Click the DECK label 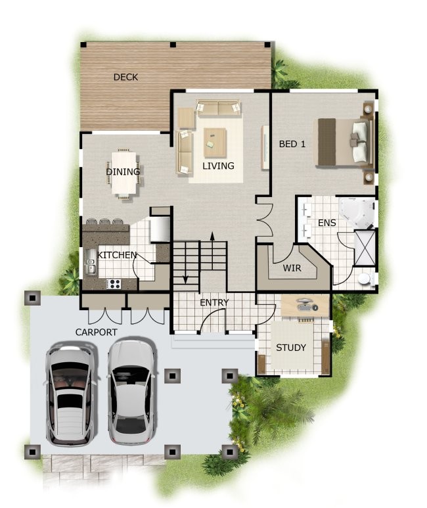pyautogui.click(x=125, y=77)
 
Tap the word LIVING pyautogui.click(x=218, y=166)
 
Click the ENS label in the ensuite pyautogui.click(x=326, y=223)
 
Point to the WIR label pyautogui.click(x=292, y=268)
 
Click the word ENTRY pyautogui.click(x=214, y=302)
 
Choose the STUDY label pyautogui.click(x=290, y=348)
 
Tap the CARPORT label pyautogui.click(x=96, y=332)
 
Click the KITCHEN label pyautogui.click(x=117, y=254)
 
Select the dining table pyautogui.click(x=125, y=173)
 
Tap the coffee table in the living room pyautogui.click(x=215, y=138)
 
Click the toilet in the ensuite pyautogui.click(x=365, y=279)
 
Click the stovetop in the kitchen pyautogui.click(x=113, y=284)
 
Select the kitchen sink pyautogui.click(x=91, y=266)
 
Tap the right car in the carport pyautogui.click(x=132, y=390)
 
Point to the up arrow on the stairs pyautogui.click(x=212, y=237)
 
